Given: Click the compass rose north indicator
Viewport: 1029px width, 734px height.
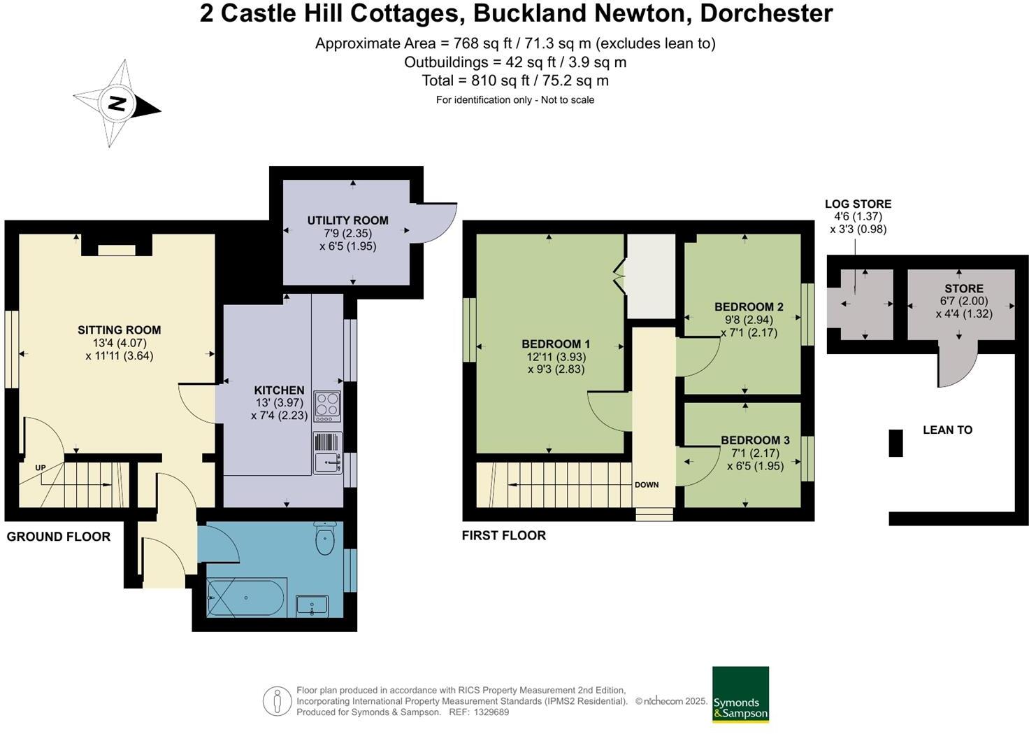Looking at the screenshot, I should (117, 104).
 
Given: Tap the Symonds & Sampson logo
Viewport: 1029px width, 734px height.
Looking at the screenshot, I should (740, 694).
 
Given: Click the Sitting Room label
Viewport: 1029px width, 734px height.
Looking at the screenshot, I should (119, 330).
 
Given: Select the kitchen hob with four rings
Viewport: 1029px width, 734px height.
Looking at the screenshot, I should (327, 406).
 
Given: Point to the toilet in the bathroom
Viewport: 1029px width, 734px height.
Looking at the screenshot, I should (325, 539).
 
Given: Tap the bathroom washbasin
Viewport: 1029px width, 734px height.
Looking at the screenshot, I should (312, 605).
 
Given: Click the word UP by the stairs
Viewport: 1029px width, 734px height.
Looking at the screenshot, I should (41, 467).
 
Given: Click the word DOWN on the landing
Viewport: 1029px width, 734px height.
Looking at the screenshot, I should (647, 484).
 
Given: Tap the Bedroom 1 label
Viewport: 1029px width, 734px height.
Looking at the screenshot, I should (556, 344).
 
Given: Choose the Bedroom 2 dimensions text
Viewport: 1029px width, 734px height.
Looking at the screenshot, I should (749, 326).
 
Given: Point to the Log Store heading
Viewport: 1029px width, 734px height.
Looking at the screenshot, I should (858, 204).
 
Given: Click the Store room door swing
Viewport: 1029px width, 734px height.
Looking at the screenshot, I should (954, 364).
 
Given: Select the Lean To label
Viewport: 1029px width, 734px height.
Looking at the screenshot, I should (947, 430).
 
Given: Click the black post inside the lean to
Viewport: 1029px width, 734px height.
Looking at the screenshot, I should (895, 443).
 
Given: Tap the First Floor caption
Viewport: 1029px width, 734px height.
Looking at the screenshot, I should (503, 535).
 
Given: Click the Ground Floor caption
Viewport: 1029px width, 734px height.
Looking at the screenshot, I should (59, 537).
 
